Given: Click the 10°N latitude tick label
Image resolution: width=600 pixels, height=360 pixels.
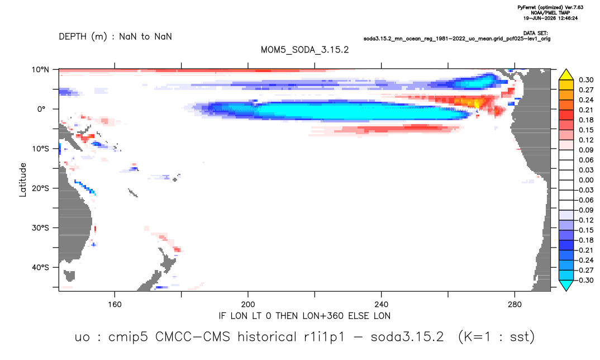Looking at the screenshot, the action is click(40, 70).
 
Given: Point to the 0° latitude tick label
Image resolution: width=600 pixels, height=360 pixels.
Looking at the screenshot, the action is click(42, 109).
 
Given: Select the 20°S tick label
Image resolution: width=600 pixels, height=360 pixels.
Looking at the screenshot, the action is click(40, 188).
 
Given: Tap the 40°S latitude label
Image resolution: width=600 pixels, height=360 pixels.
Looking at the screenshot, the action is click(40, 267).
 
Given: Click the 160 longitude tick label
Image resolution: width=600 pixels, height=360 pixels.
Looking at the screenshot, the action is click(115, 305).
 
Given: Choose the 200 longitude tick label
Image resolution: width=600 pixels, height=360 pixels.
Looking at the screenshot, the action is click(248, 305).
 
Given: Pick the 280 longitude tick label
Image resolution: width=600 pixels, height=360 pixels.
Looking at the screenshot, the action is click(515, 305).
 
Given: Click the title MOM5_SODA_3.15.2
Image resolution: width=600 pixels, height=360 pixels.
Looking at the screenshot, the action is click(304, 50).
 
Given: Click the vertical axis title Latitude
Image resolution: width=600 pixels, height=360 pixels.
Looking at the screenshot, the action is click(23, 180).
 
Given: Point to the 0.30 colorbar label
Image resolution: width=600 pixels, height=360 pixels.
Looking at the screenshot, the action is click(586, 80).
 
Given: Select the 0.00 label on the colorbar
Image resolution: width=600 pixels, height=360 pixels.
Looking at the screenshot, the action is click(586, 180).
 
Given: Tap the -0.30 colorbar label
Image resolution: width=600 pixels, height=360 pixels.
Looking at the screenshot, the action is click(585, 280).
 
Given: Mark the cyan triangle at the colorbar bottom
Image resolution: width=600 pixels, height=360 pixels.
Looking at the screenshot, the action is click(566, 285).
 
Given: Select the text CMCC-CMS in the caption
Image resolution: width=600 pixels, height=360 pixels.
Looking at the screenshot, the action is click(193, 337).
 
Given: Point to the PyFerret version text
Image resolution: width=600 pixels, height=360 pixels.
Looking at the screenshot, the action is click(550, 7).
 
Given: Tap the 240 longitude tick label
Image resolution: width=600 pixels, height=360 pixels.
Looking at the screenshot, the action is click(381, 305).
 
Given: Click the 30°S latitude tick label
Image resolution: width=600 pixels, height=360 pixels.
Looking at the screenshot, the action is click(40, 228).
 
